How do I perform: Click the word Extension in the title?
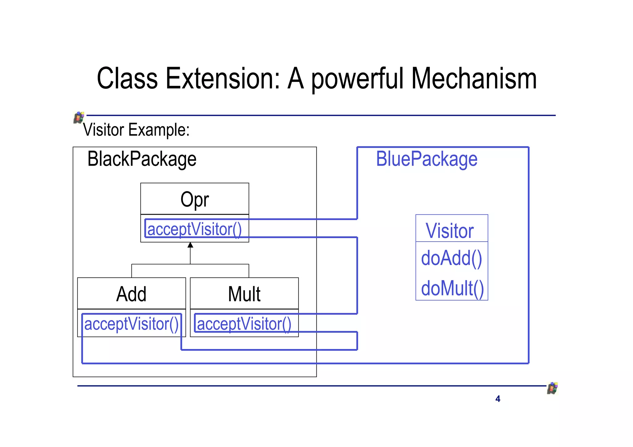pos(223,79)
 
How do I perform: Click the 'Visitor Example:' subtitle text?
pos(136,130)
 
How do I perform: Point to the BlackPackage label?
pos(142,159)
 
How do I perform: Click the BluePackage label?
pos(427,159)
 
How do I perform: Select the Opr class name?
pos(195,200)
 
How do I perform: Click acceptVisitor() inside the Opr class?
pos(194,229)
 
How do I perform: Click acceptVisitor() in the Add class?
pos(131,324)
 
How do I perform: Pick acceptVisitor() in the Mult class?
pos(244,324)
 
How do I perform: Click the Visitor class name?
pos(450,231)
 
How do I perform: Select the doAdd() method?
pos(451,258)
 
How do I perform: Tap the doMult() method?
pos(452,288)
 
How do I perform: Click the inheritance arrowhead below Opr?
pos(190,245)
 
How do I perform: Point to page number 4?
pos(498,399)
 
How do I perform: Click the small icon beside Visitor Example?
pos(79,118)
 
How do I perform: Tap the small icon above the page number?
pos(552,388)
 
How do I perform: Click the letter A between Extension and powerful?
pos(295,79)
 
